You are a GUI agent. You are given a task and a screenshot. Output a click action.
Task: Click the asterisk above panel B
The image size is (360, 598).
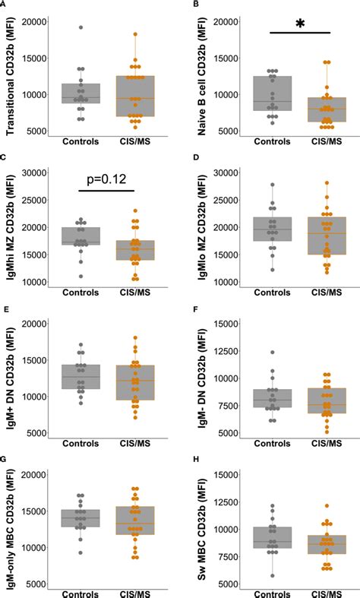(299, 24)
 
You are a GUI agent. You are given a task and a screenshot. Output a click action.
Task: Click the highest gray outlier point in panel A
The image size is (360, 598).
(81, 27)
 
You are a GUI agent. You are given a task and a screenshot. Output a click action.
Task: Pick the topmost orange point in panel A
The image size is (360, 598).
(135, 34)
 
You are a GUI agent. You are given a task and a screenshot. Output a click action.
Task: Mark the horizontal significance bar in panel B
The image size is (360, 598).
(299, 33)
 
